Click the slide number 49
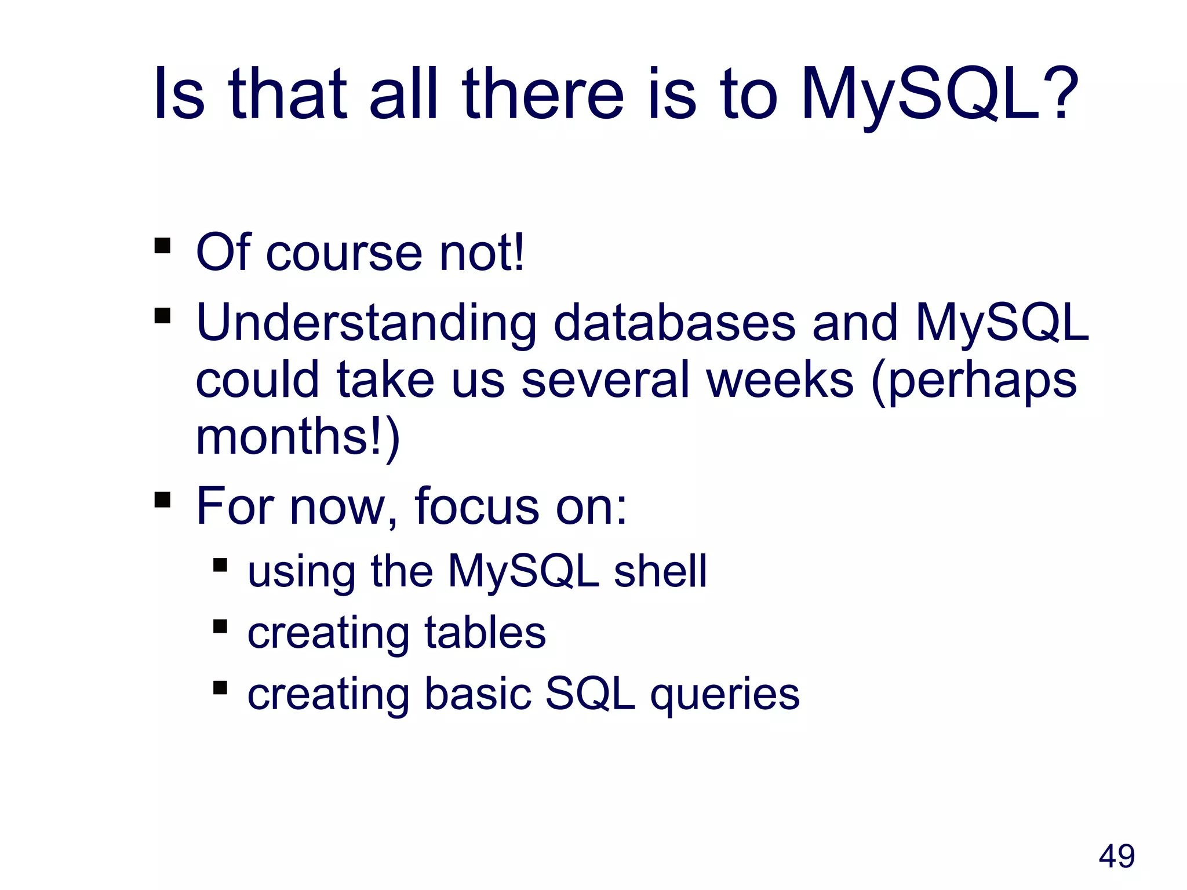tap(1116, 856)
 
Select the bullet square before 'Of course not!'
tap(163, 246)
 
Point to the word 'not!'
tap(482, 253)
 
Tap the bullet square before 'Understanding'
tap(163, 316)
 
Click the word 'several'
tap(605, 381)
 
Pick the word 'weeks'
tap(780, 381)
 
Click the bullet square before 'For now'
tap(163, 499)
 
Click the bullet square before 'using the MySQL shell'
tap(220, 565)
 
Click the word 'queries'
tap(724, 695)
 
